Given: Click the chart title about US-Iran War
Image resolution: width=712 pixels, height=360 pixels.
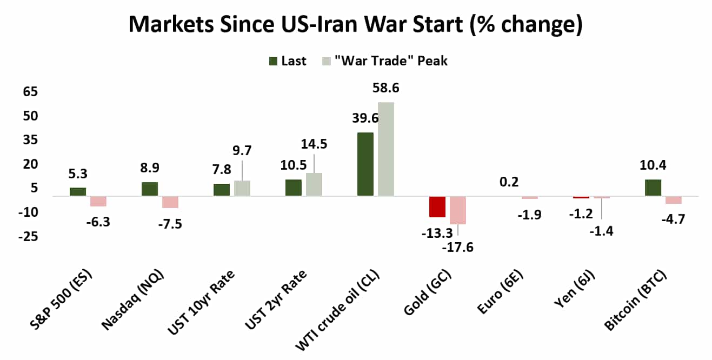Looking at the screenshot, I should [x=355, y=24].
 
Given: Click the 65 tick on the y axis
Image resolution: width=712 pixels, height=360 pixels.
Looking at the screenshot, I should [x=30, y=92].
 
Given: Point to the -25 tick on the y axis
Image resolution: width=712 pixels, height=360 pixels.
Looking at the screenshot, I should [x=28, y=237].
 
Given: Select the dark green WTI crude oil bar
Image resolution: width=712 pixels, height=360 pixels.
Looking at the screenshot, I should [x=365, y=164].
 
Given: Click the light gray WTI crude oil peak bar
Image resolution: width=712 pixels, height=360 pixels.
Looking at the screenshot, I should [x=386, y=149].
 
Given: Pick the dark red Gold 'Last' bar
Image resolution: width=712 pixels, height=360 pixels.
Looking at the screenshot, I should [x=437, y=206].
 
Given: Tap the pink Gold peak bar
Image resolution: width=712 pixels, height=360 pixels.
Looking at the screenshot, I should [x=457, y=210].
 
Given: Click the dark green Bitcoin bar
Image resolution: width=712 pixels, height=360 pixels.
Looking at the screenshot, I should [x=653, y=188].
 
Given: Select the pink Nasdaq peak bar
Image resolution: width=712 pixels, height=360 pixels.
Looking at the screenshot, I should [x=170, y=202].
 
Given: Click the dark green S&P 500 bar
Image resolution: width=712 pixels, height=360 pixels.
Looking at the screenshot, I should [x=78, y=191].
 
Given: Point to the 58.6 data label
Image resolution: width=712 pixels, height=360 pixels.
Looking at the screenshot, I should [x=384, y=88].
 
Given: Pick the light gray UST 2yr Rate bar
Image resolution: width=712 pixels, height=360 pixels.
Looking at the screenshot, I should [x=314, y=184].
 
